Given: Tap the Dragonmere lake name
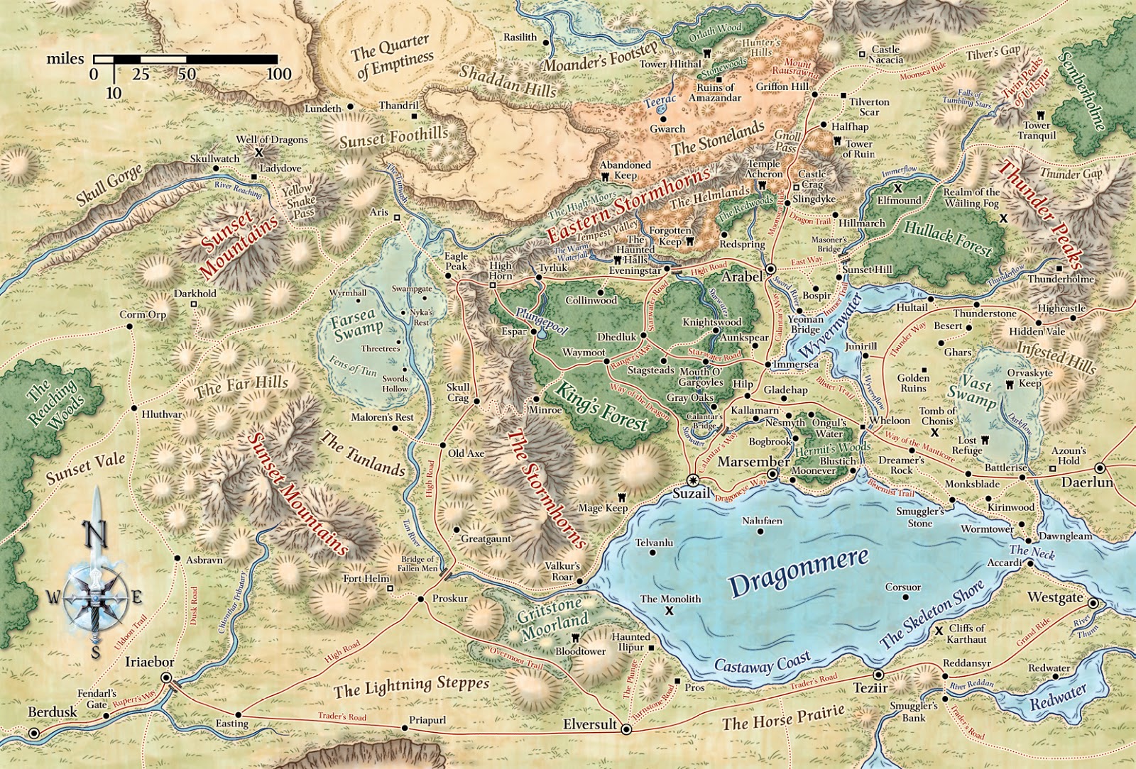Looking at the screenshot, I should [x=799, y=572].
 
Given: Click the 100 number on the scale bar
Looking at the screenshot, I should [x=279, y=74].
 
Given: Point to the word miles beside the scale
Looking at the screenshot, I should [x=65, y=59].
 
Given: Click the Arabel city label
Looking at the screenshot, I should [x=742, y=277].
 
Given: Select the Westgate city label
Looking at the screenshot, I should [x=1056, y=597].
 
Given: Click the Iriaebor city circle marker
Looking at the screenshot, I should [x=168, y=679].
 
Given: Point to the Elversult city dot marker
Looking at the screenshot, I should [x=626, y=729].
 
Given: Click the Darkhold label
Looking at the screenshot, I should [x=195, y=293].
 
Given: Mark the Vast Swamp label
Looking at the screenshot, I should [x=972, y=392].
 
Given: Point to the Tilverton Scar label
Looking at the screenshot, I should [x=869, y=106].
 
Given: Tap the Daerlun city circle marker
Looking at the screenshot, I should [x=1100, y=468].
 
